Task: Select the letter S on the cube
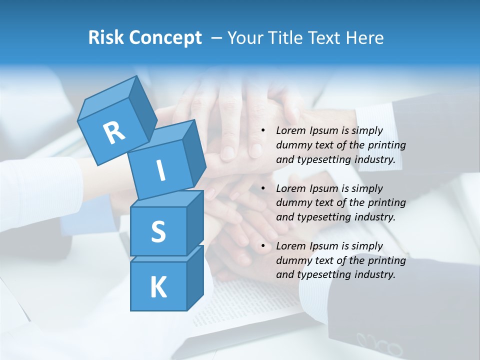point(158,231)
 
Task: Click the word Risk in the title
point(105,37)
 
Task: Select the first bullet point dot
point(263,131)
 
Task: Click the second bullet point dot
point(263,189)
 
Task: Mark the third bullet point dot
point(263,246)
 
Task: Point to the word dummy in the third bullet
point(292,260)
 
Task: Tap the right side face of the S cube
point(195,222)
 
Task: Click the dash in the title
point(217,37)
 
